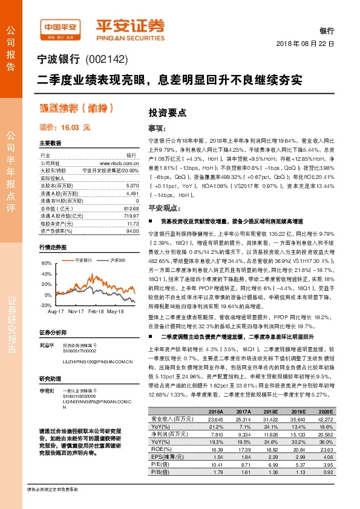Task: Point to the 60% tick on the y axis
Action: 47,264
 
